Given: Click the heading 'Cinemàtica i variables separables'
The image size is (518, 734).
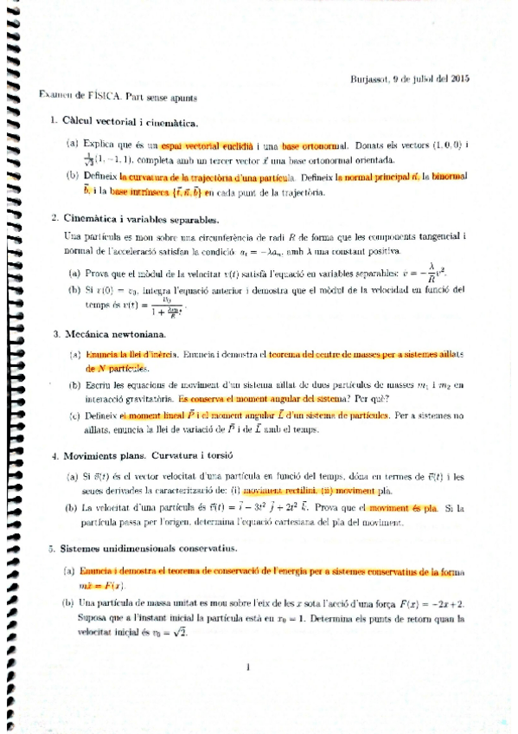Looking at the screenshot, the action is pos(142,218).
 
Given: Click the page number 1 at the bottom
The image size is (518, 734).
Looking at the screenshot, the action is pos(247,666).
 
